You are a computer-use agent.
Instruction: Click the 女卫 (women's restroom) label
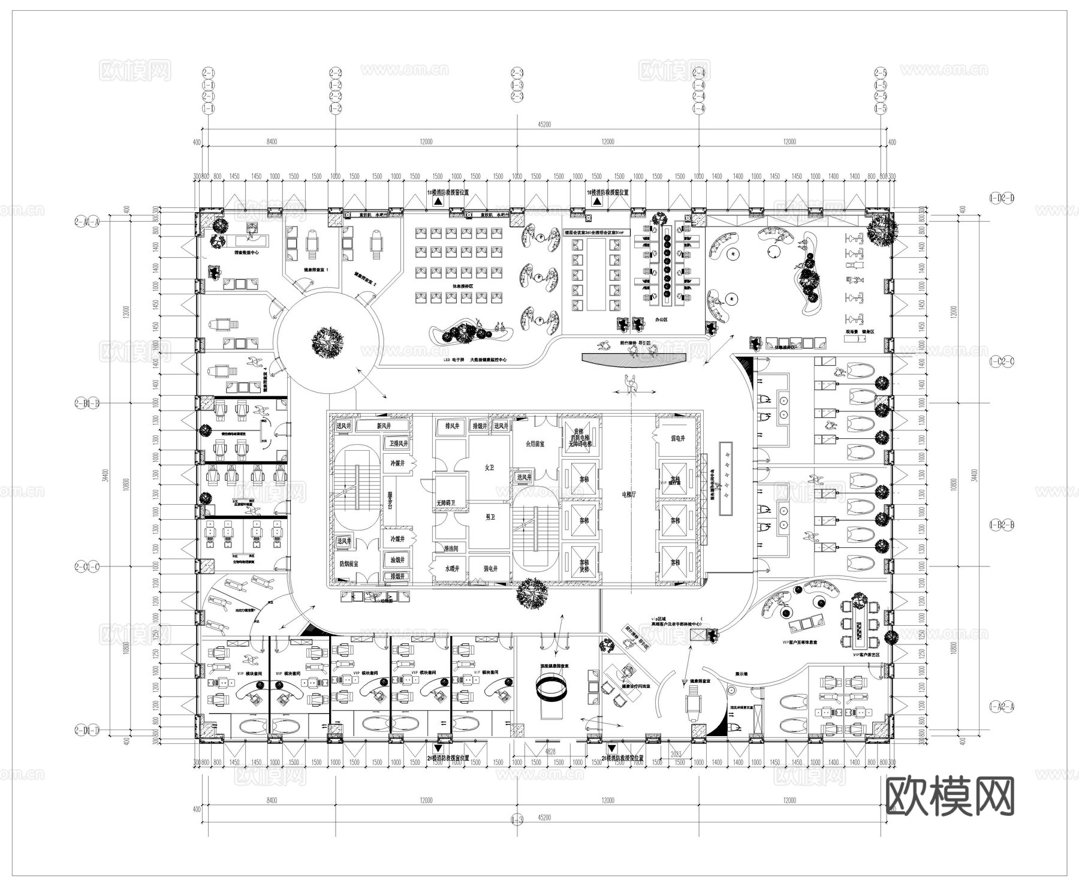tap(489, 467)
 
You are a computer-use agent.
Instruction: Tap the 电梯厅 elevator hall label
tap(629, 495)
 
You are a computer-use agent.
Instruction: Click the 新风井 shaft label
tap(384, 426)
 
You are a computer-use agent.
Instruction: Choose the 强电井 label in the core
tap(490, 568)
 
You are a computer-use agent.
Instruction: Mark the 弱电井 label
tap(677, 438)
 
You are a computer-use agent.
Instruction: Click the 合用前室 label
tap(535, 444)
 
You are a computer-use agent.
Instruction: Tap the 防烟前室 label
tap(349, 564)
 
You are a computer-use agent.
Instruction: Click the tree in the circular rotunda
tap(328, 342)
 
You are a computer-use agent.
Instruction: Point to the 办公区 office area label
tap(661, 320)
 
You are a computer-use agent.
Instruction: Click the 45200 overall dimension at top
tap(544, 124)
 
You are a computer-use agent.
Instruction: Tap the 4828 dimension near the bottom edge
tap(550, 751)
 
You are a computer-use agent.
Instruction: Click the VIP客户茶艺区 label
tap(866, 655)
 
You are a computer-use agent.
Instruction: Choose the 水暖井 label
tap(452, 568)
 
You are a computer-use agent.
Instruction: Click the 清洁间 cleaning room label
tap(451, 549)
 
